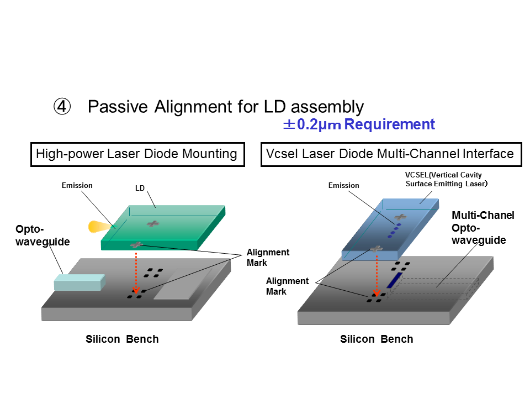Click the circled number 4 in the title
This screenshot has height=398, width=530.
pos(62,107)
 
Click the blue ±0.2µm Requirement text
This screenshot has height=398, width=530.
pos(359,124)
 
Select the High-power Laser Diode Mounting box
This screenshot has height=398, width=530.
pos(137,154)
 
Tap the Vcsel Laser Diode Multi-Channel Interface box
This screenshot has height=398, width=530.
pos(390,154)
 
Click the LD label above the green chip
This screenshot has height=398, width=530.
pos(140,188)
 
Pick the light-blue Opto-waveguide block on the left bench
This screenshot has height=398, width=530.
pos(79,282)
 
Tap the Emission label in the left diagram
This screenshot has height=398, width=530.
pos(77,185)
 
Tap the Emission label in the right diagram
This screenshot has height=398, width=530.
pos(344,185)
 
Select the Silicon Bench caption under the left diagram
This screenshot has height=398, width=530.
pos(122,339)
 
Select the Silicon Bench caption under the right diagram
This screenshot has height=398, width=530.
pos(377,339)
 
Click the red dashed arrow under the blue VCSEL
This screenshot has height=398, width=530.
pos(376,274)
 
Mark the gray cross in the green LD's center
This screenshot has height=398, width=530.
pos(152,223)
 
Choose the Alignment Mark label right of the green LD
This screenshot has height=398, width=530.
pos(268,257)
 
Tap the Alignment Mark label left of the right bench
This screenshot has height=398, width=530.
pos(288,286)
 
